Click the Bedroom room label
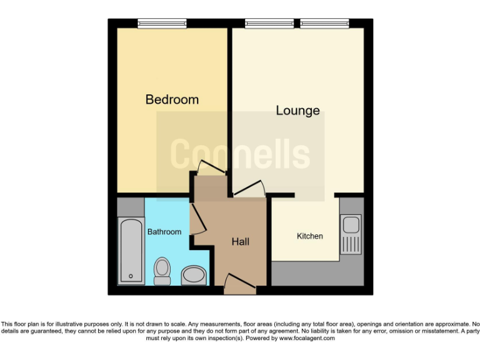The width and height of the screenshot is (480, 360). click(172, 99)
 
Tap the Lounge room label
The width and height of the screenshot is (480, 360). click(298, 111)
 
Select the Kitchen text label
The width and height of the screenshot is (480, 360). click(310, 236)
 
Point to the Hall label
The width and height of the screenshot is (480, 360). click(241, 241)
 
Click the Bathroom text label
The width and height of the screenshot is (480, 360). click(164, 232)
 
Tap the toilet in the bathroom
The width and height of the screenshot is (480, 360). click(162, 271)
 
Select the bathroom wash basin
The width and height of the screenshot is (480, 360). click(194, 276)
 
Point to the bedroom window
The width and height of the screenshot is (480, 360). click(162, 24)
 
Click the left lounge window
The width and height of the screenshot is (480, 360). click(269, 24)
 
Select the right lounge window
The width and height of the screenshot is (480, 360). click(324, 24)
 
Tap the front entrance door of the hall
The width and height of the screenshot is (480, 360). click(240, 286)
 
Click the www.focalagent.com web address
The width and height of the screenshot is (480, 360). click(307, 338)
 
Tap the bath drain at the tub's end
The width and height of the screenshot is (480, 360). click(131, 276)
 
